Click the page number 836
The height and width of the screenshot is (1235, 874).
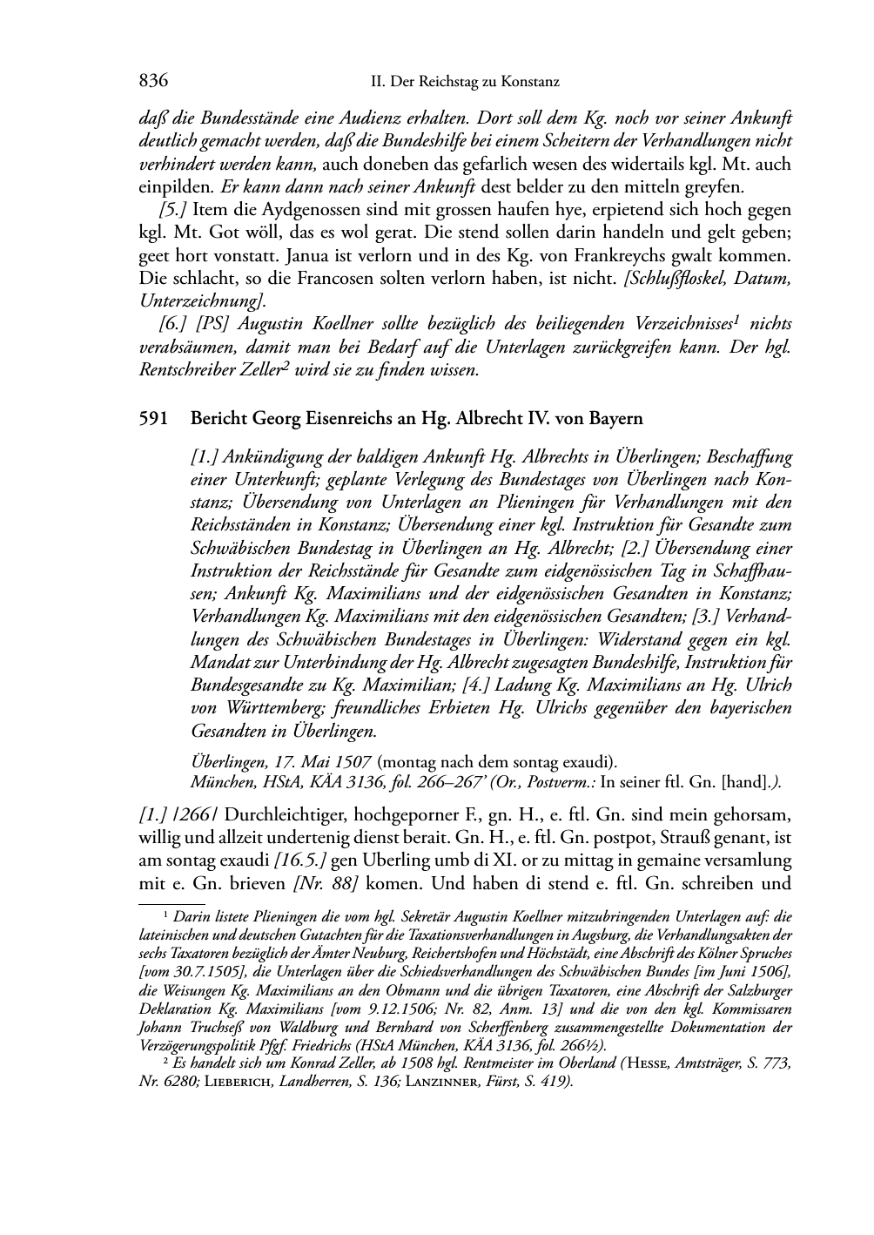pyautogui.click(x=152, y=82)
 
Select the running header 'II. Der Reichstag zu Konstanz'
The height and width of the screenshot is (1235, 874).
pyautogui.click(x=465, y=83)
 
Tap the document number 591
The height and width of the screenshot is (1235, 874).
pyautogui.click(x=152, y=419)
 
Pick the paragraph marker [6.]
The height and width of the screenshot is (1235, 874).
pyautogui.click(x=175, y=324)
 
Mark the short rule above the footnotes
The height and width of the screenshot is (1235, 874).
pyautogui.click(x=172, y=905)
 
